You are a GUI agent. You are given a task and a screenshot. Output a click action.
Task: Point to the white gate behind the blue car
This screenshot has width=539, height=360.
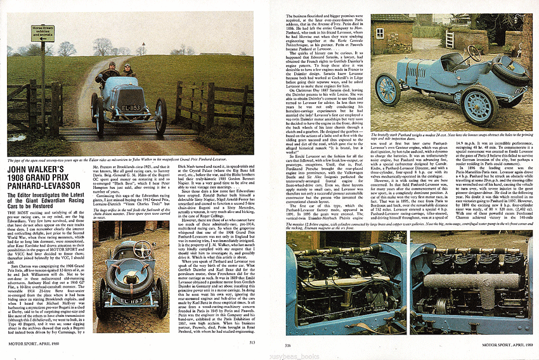coord(451,40)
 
